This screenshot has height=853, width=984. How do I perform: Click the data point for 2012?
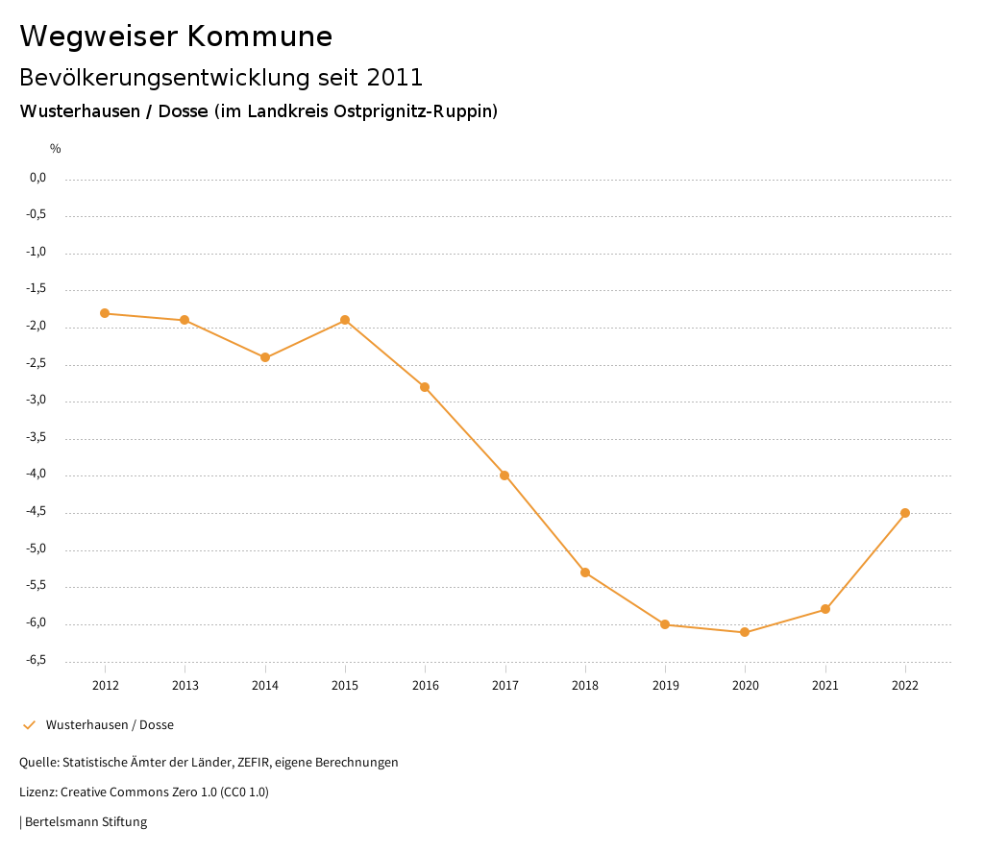(105, 313)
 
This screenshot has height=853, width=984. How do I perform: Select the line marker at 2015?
(345, 320)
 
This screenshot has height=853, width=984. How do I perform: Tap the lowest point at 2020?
(745, 632)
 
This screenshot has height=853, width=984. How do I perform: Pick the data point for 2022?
(905, 513)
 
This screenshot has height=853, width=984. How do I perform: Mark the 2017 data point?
(504, 475)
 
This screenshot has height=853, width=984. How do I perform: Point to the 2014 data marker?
(265, 357)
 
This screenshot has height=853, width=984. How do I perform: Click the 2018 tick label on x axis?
(585, 685)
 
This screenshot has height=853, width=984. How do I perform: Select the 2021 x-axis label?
(825, 685)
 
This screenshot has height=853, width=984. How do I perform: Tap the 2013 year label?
(185, 685)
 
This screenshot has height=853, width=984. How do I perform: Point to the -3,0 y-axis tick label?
(37, 401)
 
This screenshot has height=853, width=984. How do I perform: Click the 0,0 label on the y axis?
(38, 178)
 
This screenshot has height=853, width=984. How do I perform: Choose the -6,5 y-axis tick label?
(37, 660)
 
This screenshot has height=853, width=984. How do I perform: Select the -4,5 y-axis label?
(37, 512)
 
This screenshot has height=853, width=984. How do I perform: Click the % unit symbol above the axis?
(56, 149)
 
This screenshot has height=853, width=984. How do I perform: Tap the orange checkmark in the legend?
(29, 725)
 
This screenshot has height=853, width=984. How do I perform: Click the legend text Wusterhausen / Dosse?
(110, 725)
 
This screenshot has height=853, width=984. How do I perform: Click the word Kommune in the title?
(259, 37)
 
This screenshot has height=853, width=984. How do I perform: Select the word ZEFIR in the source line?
(253, 763)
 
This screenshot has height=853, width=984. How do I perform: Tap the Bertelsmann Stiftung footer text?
(86, 822)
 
